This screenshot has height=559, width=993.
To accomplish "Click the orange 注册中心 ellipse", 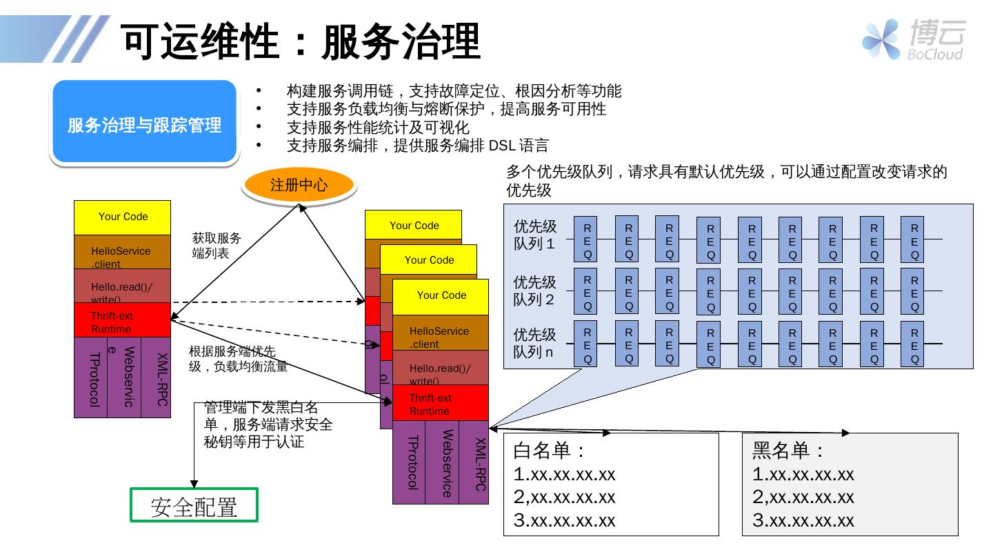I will (299, 185).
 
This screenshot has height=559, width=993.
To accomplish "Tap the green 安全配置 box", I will (194, 506).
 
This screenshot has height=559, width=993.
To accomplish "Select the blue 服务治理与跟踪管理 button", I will (145, 124).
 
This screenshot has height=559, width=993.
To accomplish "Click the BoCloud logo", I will (913, 39).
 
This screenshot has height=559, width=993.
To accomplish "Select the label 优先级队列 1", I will (535, 235).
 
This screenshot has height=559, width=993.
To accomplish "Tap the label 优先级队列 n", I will (535, 343).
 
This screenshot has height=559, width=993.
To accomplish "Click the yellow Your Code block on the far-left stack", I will (123, 217).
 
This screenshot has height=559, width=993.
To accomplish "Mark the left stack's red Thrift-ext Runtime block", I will (122, 322).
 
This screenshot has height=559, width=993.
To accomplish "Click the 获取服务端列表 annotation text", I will (217, 245).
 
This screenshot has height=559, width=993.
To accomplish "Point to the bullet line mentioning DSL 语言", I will (417, 146).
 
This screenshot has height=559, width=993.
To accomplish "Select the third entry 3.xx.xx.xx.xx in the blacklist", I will (803, 520).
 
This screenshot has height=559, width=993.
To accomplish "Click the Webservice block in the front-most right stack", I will (442, 462).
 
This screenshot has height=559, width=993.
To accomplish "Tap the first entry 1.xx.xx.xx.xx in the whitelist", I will (564, 475).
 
